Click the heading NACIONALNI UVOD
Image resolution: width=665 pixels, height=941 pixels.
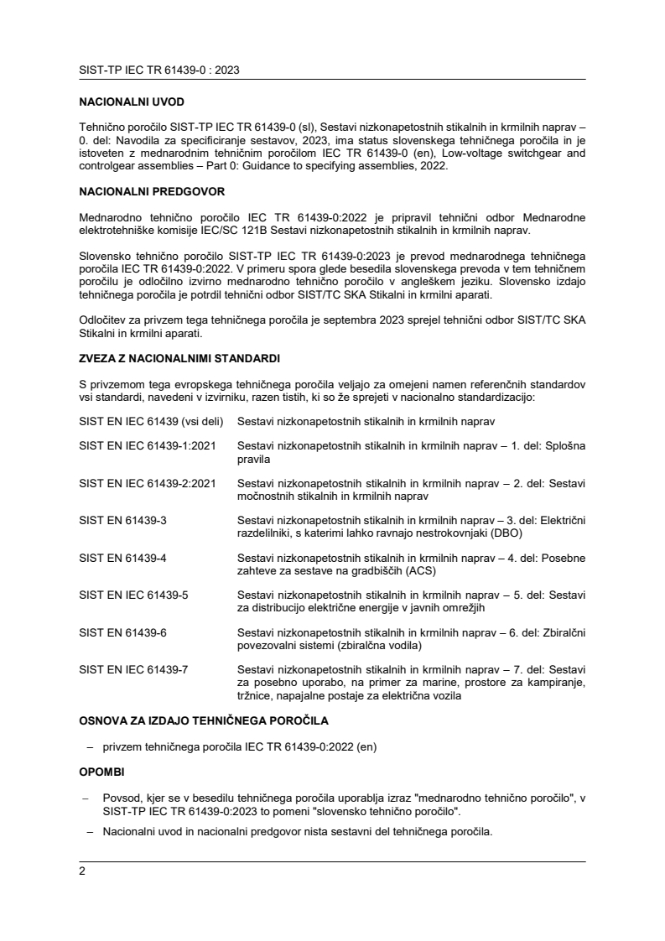131,102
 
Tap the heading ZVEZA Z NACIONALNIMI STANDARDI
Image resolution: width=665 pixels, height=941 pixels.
179,358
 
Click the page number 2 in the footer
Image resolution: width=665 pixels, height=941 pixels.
82,871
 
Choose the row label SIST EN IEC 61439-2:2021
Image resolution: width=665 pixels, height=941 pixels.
147,484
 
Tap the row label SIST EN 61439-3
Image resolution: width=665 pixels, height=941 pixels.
122,520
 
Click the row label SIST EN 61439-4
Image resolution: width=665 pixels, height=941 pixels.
122,559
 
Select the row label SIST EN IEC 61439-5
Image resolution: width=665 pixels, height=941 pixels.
133,595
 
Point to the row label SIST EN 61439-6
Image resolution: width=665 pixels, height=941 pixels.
122,632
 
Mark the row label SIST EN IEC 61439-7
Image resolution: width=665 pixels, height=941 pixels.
133,669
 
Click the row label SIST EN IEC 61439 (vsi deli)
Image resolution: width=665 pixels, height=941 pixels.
148,420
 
